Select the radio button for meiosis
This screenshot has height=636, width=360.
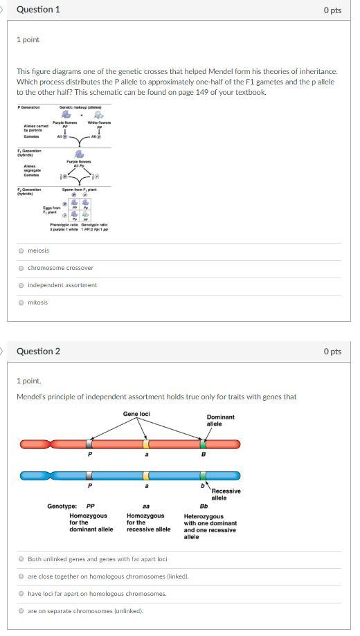pos(21,251)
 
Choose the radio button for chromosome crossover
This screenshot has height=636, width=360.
pos(21,268)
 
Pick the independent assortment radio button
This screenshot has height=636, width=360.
pos(21,285)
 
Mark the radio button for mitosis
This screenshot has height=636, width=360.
pos(21,302)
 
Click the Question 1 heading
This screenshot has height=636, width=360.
pos(38,10)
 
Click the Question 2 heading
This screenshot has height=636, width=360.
pos(38,351)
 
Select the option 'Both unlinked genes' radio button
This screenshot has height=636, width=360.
pos(21,558)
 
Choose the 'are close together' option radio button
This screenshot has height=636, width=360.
pos(21,576)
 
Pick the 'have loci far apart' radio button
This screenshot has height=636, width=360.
pos(21,593)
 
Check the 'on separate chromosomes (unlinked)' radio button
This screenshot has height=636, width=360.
pos(21,610)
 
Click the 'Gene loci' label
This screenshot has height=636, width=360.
pos(136,414)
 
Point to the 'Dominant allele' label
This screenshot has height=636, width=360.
pos(220,420)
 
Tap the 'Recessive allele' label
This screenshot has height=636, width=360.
pos(226,494)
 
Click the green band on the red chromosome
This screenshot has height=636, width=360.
pos(203,444)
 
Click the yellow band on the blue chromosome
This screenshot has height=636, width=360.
pos(146,475)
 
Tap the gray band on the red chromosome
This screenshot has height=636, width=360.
pos(89,444)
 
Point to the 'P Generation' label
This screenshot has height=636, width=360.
pos(29,107)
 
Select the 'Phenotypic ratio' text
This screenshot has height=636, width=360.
pos(64,224)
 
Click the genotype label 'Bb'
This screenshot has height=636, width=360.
pos(204,506)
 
